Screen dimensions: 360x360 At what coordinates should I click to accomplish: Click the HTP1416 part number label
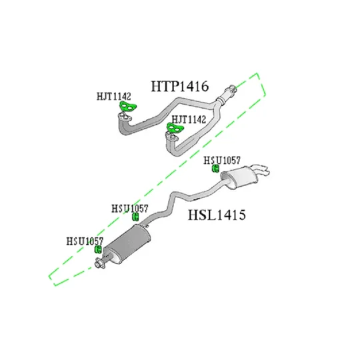180,86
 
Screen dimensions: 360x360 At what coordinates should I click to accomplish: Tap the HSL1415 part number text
217,215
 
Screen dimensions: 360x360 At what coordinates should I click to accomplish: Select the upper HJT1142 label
113,97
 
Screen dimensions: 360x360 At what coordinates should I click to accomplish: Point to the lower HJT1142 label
189,119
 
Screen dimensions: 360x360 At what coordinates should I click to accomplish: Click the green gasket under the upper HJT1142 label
127,106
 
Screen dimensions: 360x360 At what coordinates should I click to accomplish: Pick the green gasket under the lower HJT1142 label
175,128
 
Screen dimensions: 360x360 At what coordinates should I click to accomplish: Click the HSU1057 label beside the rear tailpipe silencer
222,160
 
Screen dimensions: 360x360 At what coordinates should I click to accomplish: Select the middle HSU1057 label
130,209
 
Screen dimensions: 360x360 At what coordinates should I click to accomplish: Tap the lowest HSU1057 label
85,241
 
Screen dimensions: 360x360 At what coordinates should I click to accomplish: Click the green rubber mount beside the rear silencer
215,169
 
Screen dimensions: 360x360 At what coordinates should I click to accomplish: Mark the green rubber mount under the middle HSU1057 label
135,217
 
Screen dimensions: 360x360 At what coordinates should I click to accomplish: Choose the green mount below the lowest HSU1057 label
98,249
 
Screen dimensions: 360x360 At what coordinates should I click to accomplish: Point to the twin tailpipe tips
261,170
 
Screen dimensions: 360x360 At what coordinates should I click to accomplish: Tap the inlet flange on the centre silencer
100,263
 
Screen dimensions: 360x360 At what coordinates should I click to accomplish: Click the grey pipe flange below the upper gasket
125,117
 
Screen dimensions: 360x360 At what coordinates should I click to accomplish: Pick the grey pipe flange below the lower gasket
172,137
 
